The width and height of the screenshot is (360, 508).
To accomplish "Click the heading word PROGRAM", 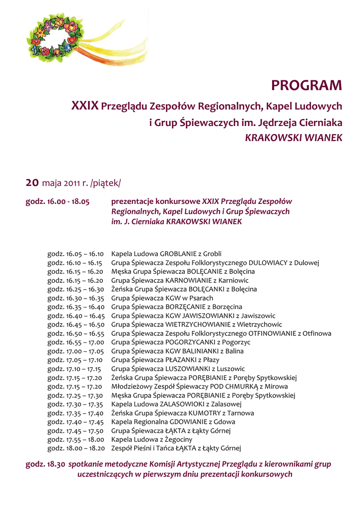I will (306, 86).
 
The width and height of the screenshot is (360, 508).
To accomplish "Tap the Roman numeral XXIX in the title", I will (85, 106).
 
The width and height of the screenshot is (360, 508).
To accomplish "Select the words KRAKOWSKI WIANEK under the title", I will (294, 138).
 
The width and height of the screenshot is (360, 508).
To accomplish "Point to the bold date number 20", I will (32, 183).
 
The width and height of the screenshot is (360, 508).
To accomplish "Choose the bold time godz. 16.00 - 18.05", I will (57, 202).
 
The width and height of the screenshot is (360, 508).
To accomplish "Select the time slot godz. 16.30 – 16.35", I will (75, 298).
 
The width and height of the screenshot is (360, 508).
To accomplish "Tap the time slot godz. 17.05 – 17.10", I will (75, 360).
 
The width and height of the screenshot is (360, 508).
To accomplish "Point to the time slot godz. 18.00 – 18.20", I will (75, 448).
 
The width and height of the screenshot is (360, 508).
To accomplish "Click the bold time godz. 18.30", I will (45, 464).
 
